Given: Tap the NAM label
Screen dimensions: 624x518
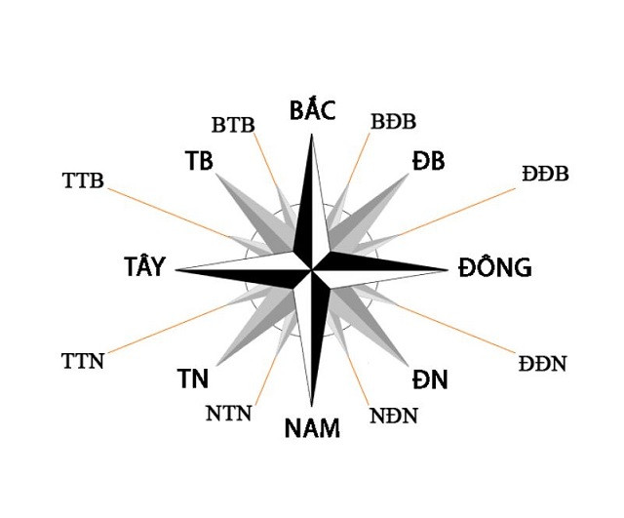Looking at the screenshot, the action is (x=312, y=428).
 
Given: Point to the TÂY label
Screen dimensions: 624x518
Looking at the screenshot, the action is (x=144, y=266).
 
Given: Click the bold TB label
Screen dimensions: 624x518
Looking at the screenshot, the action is (x=199, y=161).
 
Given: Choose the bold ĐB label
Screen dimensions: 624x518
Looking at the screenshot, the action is (x=428, y=161).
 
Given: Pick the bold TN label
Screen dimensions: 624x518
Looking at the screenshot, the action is (x=193, y=379).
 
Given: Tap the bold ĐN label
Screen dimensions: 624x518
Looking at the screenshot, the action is (x=430, y=379).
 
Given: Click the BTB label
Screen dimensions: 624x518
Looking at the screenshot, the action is (x=233, y=125).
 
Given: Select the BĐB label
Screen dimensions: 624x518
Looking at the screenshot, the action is (x=393, y=121).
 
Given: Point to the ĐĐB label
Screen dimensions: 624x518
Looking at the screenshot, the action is (x=545, y=174).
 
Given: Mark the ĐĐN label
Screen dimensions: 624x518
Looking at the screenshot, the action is (x=542, y=364).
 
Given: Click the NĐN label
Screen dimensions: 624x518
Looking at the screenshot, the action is (x=394, y=416).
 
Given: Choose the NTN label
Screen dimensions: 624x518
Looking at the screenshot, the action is (x=229, y=413).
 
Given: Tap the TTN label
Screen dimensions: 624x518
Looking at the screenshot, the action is (x=83, y=361).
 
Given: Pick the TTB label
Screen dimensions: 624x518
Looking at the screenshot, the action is (x=83, y=179).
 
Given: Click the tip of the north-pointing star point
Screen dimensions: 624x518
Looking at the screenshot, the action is (x=312, y=134).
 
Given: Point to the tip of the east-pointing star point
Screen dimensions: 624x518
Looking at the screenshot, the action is (x=448, y=270).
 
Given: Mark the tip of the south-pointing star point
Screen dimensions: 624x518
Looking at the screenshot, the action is (x=312, y=407).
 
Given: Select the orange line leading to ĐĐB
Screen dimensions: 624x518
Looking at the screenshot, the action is (x=456, y=212).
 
